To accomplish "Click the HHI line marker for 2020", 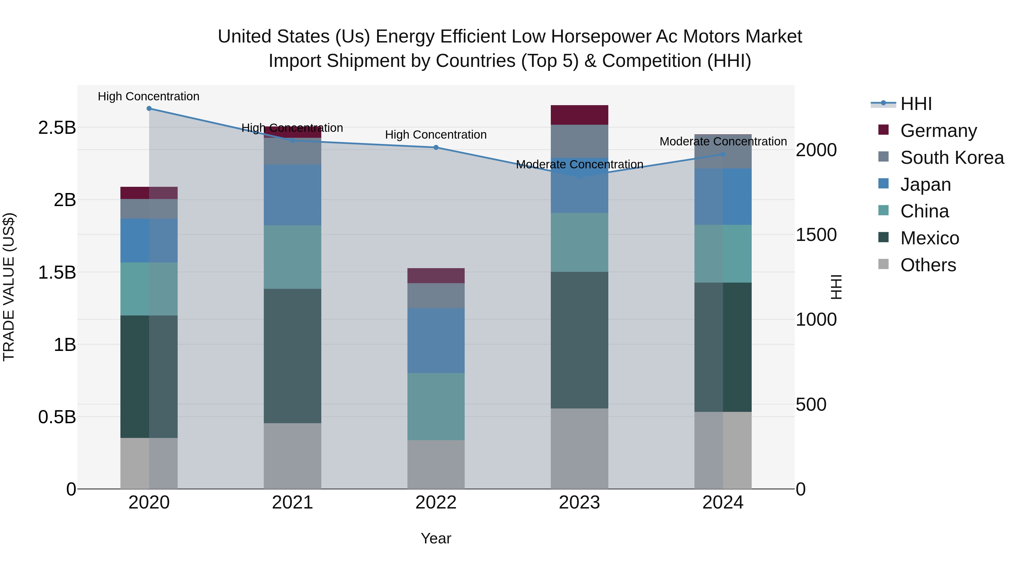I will (149, 109).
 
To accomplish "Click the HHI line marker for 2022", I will (436, 147).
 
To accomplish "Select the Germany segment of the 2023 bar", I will (579, 115).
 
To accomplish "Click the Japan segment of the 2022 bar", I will (436, 341).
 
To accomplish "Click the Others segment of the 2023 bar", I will (579, 448).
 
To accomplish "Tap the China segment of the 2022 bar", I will (436, 406).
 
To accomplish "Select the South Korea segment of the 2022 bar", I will (436, 296).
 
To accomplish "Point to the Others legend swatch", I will (883, 264).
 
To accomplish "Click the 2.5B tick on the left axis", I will (57, 128).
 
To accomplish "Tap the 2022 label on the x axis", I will (436, 503).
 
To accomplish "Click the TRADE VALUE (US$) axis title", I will (9, 287).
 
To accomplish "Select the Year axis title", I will (436, 538).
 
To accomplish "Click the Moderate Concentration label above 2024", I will (723, 141).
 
